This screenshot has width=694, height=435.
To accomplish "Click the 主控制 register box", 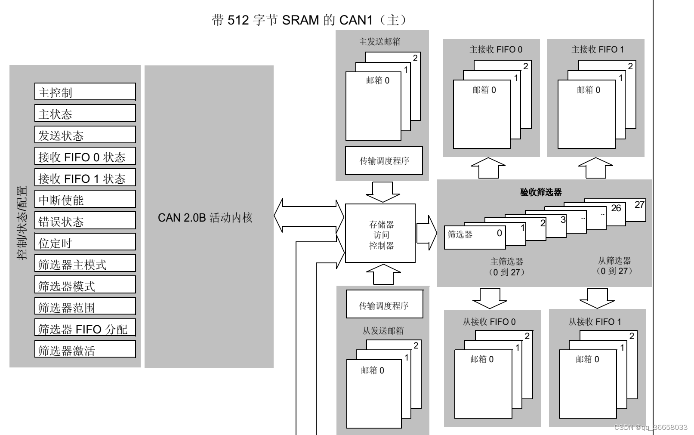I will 85,92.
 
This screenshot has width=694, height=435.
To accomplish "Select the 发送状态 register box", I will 85,135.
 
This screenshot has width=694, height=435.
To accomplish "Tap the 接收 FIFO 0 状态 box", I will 85,156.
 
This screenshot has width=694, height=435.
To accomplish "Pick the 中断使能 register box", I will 85,199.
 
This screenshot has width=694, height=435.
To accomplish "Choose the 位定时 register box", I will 85,242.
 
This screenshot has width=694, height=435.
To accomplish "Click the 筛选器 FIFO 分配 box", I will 85,328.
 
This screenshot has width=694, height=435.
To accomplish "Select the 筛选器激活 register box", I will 85,350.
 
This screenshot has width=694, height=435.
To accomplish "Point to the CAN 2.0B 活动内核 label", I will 205,218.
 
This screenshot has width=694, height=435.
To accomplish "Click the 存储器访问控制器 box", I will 380,234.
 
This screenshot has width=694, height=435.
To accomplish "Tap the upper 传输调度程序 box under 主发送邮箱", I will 384,161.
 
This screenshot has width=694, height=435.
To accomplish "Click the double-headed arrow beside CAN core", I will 309,216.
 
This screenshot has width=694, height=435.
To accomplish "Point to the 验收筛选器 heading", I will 541,192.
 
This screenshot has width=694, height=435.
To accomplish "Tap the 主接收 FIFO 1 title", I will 597,49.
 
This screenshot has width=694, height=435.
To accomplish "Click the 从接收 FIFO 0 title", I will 489,322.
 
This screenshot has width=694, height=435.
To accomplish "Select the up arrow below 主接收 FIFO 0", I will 488,168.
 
